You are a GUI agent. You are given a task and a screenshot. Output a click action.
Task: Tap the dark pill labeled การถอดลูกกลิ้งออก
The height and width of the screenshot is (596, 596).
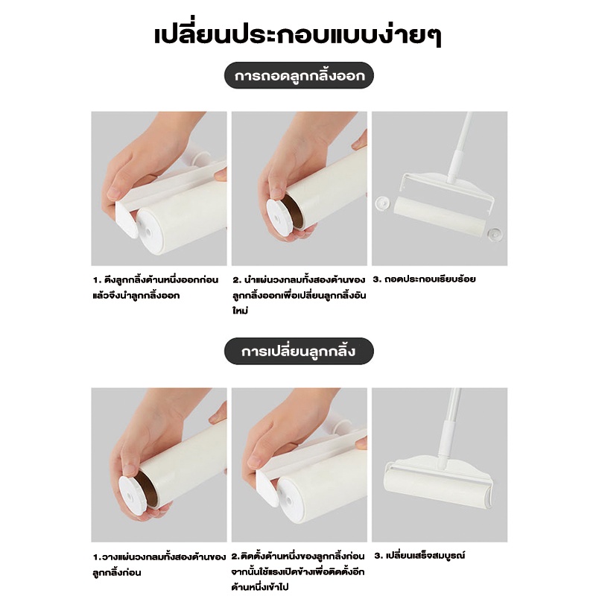pos(299,75)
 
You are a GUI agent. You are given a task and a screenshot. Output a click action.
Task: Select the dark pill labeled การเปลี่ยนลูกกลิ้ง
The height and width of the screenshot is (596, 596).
pos(299,351)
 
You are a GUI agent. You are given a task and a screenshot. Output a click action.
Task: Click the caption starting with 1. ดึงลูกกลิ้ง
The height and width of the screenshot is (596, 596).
pos(156,288)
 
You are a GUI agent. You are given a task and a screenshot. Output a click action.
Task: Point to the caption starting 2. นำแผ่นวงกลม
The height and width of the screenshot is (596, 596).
pos(299,295)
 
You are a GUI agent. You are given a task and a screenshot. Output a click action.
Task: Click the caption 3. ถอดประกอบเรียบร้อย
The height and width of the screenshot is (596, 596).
pos(424,279)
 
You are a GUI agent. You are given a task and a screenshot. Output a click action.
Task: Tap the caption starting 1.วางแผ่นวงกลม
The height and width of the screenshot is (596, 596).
pos(159,565)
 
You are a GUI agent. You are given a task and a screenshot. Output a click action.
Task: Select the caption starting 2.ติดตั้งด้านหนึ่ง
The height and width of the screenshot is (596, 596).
pos(299,571)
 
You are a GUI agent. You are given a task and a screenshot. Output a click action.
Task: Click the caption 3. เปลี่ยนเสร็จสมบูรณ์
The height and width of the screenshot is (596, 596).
pos(419,555)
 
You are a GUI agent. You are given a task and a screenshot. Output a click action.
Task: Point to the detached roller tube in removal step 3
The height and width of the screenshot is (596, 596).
pos(440,215)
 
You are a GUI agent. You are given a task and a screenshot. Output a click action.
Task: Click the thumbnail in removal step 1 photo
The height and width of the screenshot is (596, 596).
pos(114,194)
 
